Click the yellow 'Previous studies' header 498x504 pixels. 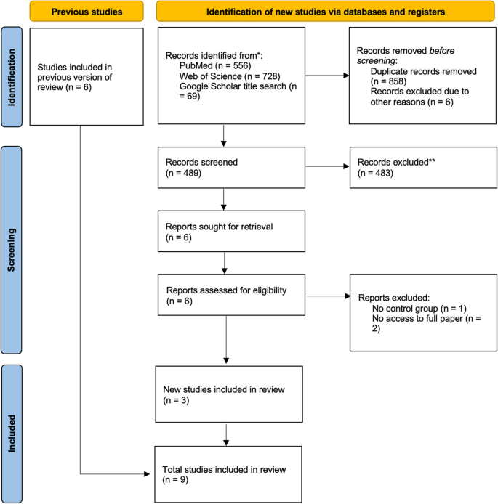(76, 12)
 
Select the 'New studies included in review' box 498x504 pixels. (230, 395)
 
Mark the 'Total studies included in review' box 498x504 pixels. (230, 474)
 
